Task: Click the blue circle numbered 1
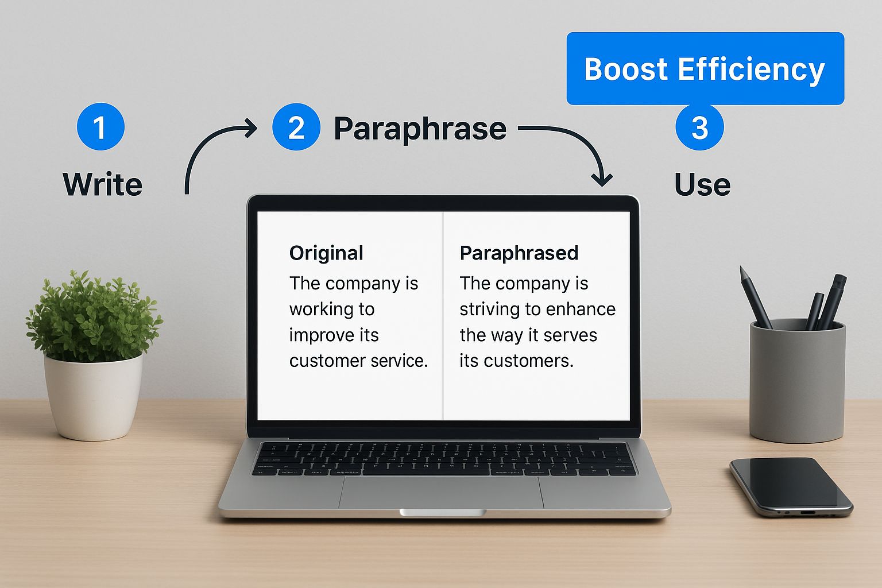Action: point(101,126)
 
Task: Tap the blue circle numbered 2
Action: point(296,126)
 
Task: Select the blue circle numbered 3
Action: point(700,126)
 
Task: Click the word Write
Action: point(102,184)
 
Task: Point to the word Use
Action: point(702,184)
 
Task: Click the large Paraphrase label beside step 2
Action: point(420,129)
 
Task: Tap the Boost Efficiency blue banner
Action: point(705,68)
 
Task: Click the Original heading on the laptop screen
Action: point(326,253)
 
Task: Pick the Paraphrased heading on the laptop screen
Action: point(519,253)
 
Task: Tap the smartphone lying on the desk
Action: point(791,487)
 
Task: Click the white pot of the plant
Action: point(94,397)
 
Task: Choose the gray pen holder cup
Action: point(798,381)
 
